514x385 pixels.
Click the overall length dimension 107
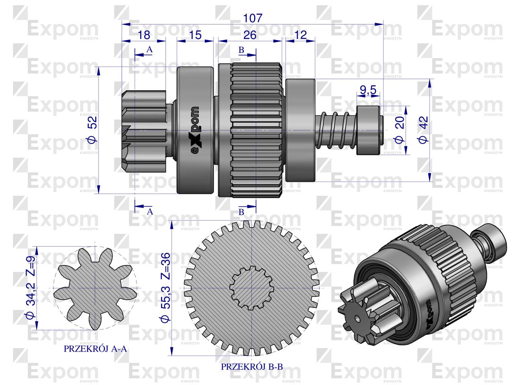(253, 18)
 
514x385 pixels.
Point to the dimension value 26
(250, 35)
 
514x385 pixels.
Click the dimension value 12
(300, 35)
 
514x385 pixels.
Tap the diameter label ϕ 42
(422, 130)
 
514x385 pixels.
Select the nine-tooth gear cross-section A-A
(95, 288)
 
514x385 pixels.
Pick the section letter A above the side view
(149, 50)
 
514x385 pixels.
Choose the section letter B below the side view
(241, 212)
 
